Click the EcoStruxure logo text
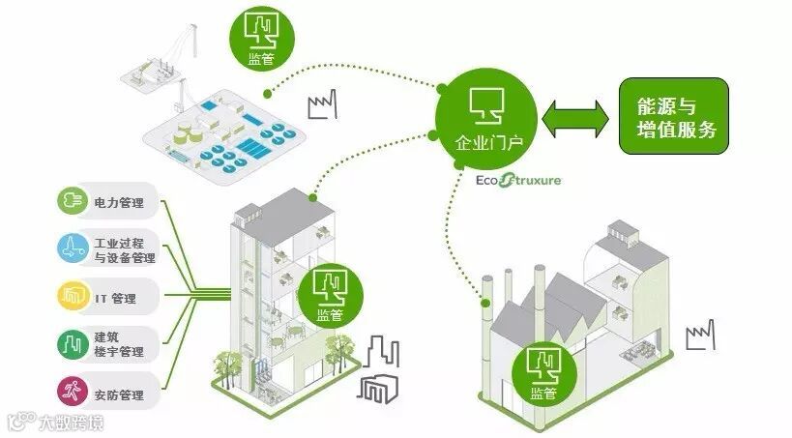coord(518,180)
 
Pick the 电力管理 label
coord(118,203)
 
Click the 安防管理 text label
coord(119,394)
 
